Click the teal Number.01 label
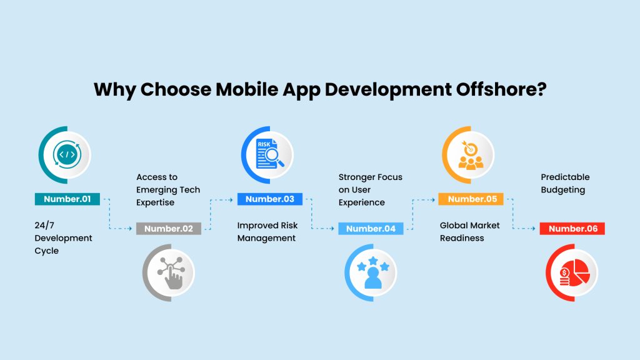tap(67, 199)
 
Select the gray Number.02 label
tap(169, 229)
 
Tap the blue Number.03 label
tap(270, 199)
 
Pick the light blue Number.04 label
tap(371, 229)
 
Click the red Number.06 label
tap(572, 229)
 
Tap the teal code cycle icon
tap(67, 155)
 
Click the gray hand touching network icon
tap(171, 272)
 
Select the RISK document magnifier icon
tap(269, 154)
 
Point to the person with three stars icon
tap(373, 272)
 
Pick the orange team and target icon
tap(471, 155)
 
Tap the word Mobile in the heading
tap(246, 89)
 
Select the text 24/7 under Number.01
tap(44, 225)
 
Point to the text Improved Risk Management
tap(267, 232)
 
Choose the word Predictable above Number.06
tap(565, 177)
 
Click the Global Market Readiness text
tap(470, 232)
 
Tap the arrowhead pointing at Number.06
tap(534, 229)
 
